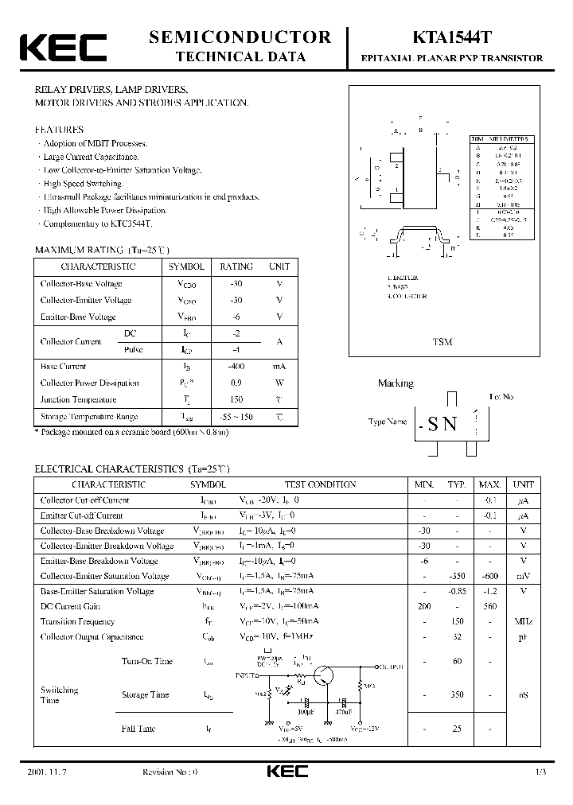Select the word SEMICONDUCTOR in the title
(x=240, y=37)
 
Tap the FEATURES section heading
(x=59, y=129)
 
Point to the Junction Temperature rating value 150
(x=236, y=400)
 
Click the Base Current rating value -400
(x=236, y=367)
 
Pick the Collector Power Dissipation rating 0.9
(x=236, y=383)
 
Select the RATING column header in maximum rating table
(x=236, y=267)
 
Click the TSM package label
(x=442, y=342)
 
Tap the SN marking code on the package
(x=442, y=424)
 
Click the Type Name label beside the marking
(x=388, y=422)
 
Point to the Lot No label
(x=501, y=396)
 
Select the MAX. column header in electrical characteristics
(x=489, y=484)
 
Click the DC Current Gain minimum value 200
(x=423, y=606)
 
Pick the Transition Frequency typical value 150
(x=457, y=621)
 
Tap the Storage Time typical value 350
(x=457, y=694)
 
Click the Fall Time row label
(x=138, y=729)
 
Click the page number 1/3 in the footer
(x=542, y=772)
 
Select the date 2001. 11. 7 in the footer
(x=43, y=772)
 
